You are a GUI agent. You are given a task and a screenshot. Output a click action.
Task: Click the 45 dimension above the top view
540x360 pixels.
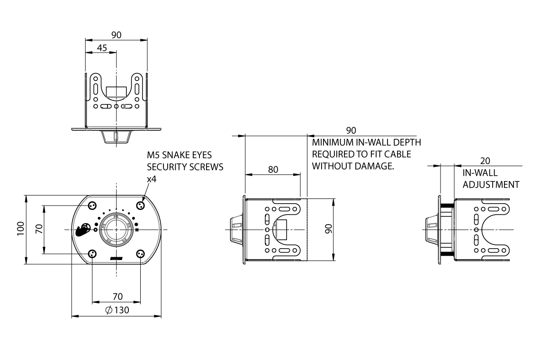[101, 47]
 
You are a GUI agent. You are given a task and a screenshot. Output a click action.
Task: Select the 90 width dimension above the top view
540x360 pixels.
[116, 35]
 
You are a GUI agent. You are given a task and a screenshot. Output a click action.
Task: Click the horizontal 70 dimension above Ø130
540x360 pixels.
[117, 297]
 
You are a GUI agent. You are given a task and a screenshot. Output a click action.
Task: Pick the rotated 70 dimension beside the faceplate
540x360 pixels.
[40, 229]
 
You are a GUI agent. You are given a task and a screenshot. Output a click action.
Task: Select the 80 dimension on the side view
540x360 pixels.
[273, 170]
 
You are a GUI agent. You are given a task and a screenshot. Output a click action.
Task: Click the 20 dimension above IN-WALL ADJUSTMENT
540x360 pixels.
[485, 161]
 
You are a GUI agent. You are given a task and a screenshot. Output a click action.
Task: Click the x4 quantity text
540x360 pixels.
[152, 179]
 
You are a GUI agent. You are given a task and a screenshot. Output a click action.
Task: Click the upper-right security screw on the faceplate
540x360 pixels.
[140, 205]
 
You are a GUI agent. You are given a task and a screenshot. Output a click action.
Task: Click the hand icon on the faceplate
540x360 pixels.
[83, 229]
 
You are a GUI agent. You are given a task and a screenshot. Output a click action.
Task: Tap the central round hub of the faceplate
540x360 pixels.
[116, 229]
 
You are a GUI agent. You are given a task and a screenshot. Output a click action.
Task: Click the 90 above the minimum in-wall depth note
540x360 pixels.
[351, 130]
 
